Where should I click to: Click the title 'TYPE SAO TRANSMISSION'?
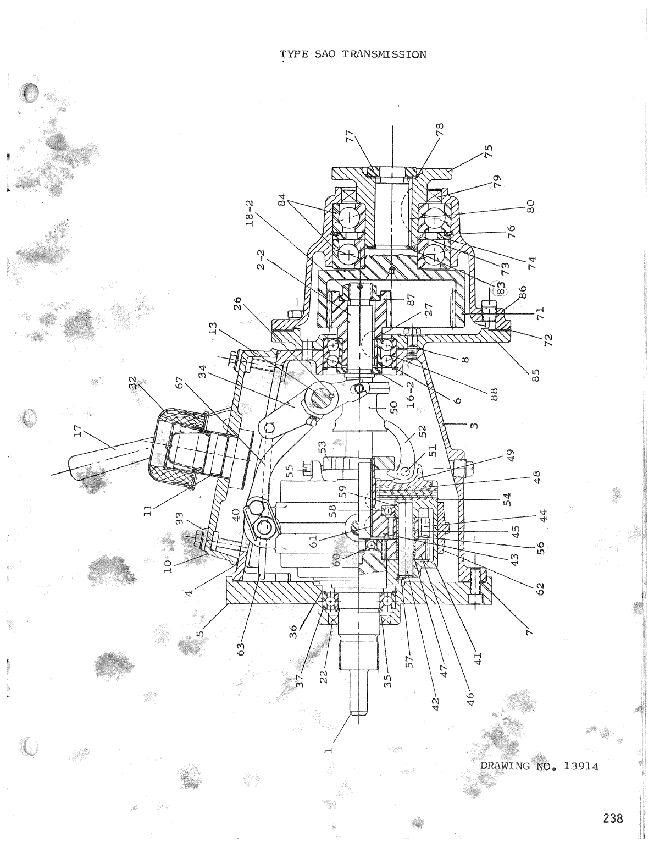point(353,54)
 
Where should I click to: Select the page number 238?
point(612,818)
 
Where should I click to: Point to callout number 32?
point(132,383)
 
